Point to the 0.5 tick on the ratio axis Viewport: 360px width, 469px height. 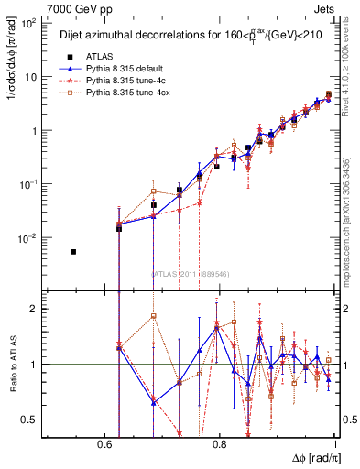tap(31, 420)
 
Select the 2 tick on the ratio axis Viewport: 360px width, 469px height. tap(35, 309)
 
